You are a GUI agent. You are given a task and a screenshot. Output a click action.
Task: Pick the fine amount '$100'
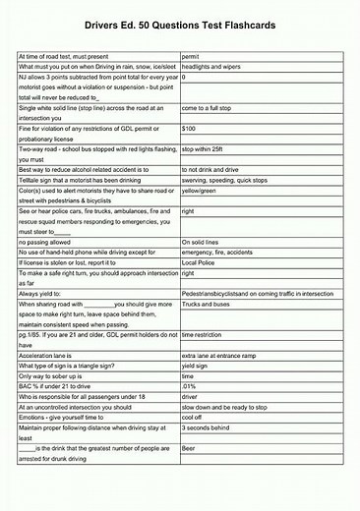(x=190, y=129)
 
